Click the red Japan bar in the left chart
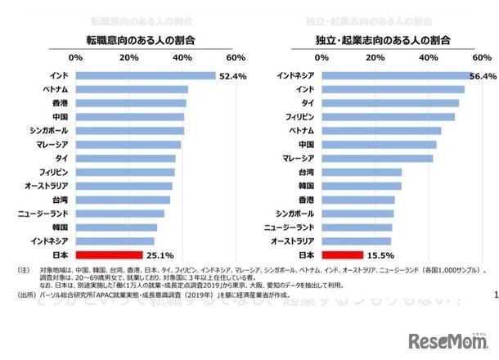click(x=109, y=254)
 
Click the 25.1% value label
click(x=160, y=254)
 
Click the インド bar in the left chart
click(x=145, y=75)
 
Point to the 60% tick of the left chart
click(x=235, y=58)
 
